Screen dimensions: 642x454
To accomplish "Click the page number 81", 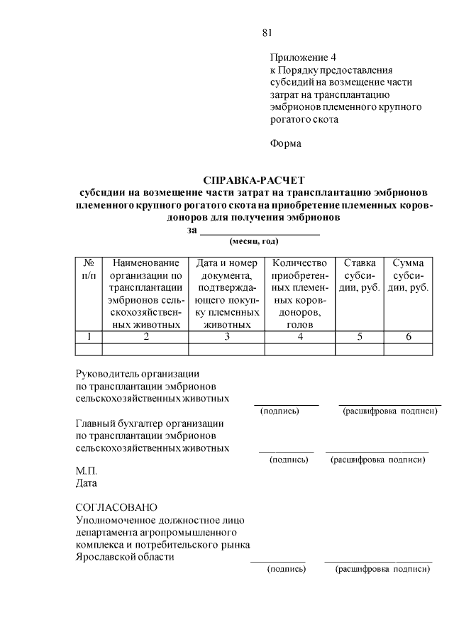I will [267, 32].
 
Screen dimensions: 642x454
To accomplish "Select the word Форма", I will [285, 143].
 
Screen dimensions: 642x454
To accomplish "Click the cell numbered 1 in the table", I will [89, 336].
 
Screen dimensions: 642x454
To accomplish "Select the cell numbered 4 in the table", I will [300, 336].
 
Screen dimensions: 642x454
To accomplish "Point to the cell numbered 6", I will [409, 336].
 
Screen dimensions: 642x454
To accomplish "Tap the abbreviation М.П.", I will [86, 471].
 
